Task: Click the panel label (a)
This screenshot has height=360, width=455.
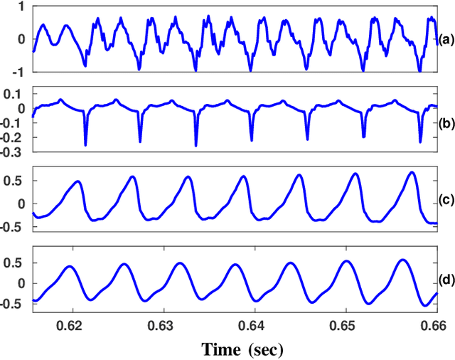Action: [446, 41]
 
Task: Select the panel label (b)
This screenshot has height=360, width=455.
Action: [446, 122]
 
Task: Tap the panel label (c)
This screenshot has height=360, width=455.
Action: [446, 203]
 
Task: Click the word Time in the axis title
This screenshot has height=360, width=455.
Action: [223, 349]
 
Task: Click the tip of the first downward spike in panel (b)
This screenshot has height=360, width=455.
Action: [85, 145]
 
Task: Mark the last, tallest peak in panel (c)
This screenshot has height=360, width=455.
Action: [412, 172]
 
